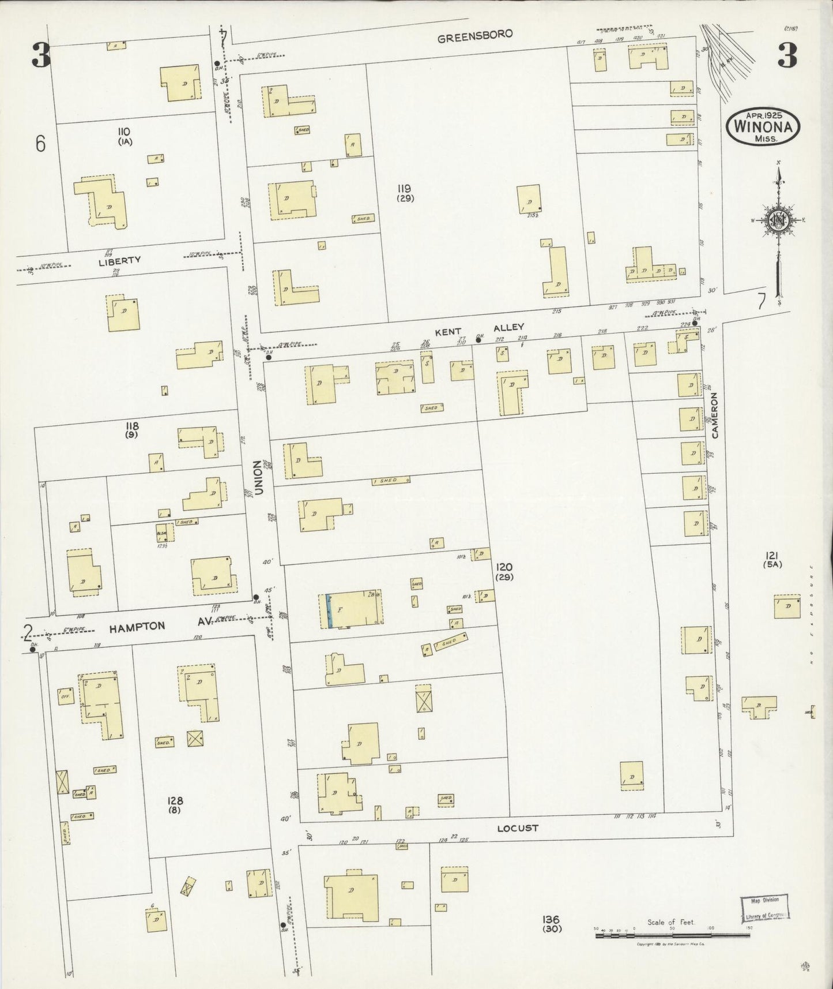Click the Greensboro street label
pyautogui.click(x=474, y=35)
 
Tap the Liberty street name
pyautogui.click(x=119, y=260)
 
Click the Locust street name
pyautogui.click(x=517, y=828)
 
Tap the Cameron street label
pyautogui.click(x=715, y=415)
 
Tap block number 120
pyautogui.click(x=503, y=567)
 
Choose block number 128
pyautogui.click(x=175, y=800)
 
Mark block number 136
pyautogui.click(x=551, y=919)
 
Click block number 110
pyautogui.click(x=125, y=132)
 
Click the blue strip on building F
pyautogui.click(x=329, y=610)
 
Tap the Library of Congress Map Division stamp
pyautogui.click(x=764, y=907)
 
